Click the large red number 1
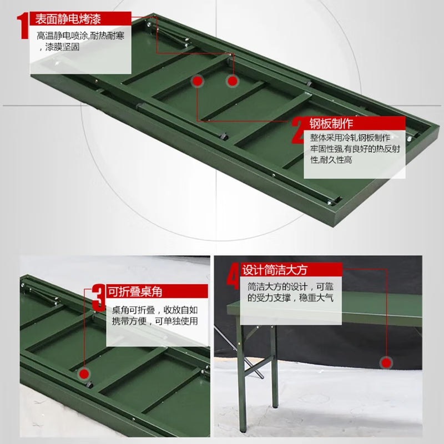(x=23, y=26)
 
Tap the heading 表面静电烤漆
(x=68, y=19)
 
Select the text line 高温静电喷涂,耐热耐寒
(x=80, y=36)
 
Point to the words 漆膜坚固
(x=62, y=47)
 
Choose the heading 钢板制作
(x=331, y=123)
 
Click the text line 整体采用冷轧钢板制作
(x=350, y=138)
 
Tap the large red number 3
(x=99, y=298)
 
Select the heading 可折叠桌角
(x=135, y=291)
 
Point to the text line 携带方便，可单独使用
(x=155, y=321)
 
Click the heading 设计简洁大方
(x=275, y=270)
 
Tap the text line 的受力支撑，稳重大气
(x=290, y=298)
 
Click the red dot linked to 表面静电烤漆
(x=232, y=81)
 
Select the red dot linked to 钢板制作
(x=198, y=81)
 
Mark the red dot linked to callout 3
(x=84, y=374)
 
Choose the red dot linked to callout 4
(x=386, y=363)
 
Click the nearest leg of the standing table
(x=241, y=377)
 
